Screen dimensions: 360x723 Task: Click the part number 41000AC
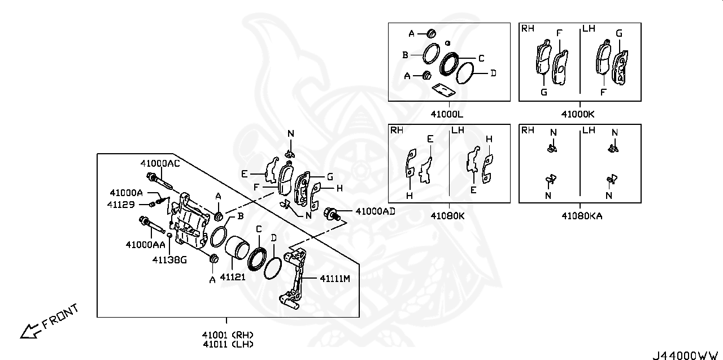pos(160,163)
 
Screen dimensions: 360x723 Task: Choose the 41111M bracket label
pos(335,278)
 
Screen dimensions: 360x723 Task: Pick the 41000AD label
pos(375,211)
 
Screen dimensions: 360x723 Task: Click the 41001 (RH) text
pos(227,333)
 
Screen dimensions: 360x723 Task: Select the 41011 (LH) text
pos(227,344)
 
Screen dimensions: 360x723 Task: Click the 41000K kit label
pos(579,114)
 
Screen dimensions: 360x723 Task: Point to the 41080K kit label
pos(447,215)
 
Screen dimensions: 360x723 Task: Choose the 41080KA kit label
pos(581,215)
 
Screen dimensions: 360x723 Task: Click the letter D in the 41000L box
pos(493,73)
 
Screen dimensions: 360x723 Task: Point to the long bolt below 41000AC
pos(161,183)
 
